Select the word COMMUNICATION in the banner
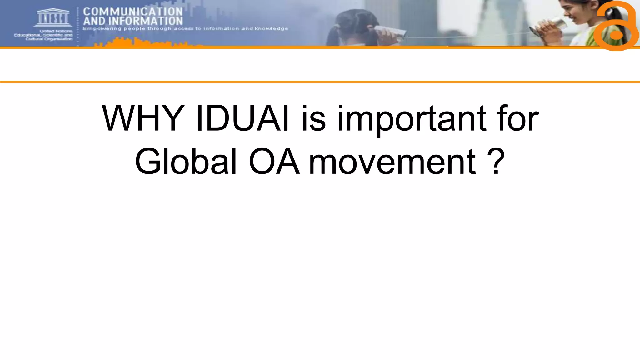pyautogui.click(x=133, y=12)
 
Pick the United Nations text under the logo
pyautogui.click(x=56, y=31)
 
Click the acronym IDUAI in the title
pyautogui.click(x=242, y=119)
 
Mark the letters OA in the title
pyautogui.click(x=274, y=162)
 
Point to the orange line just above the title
pyautogui.click(x=320, y=82)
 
